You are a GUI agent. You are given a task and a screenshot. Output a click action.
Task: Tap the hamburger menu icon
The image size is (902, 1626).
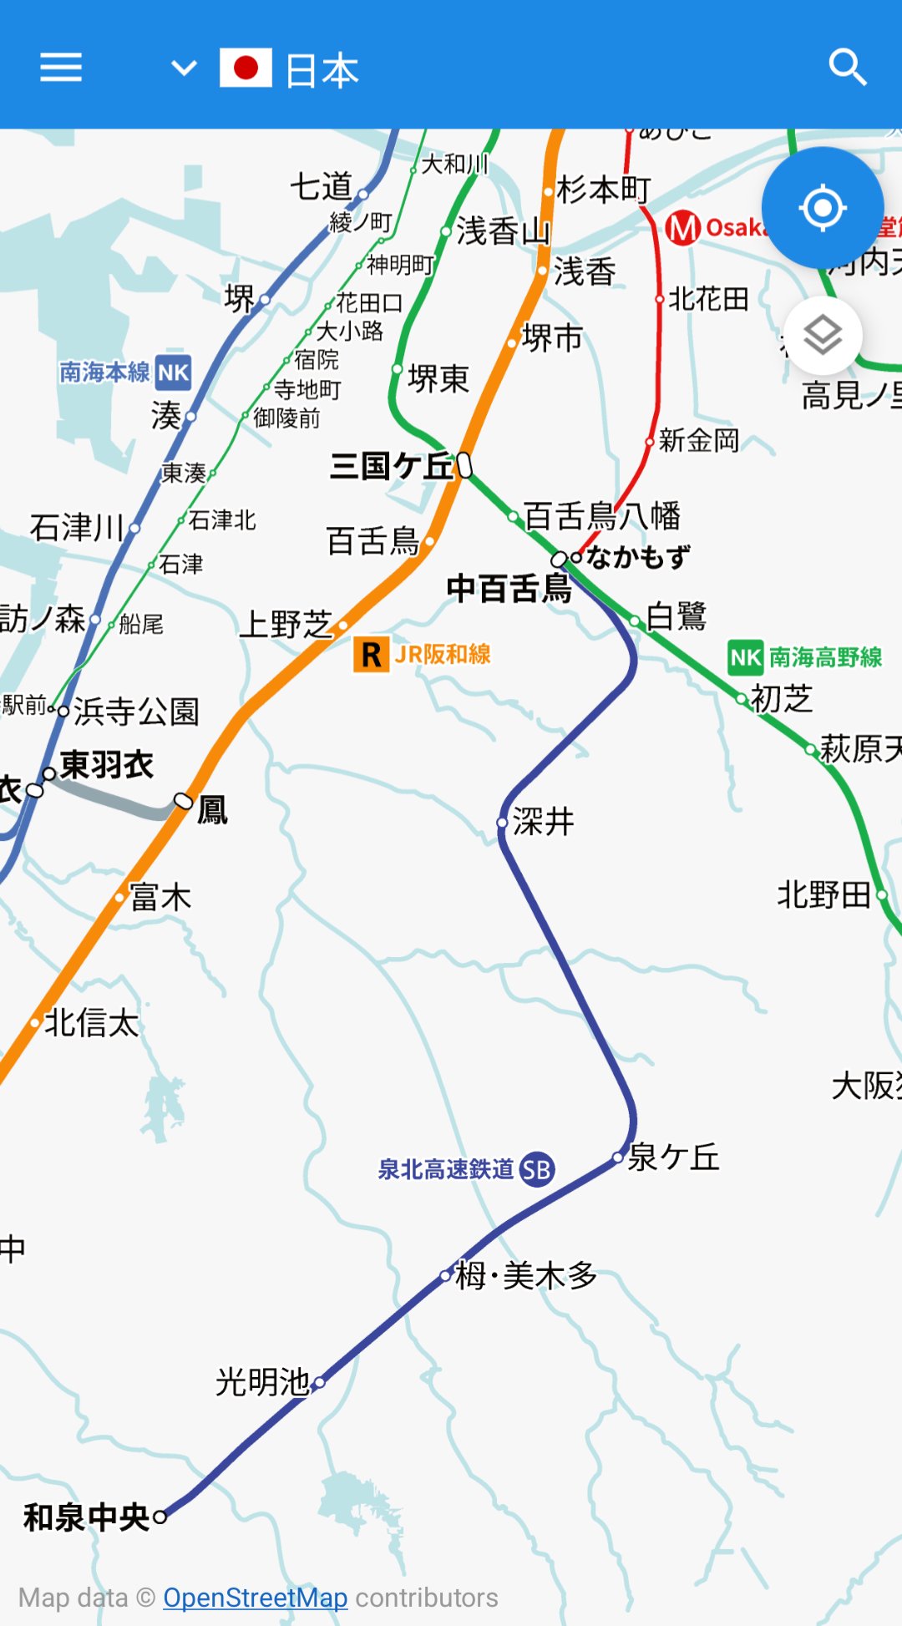pos(61,67)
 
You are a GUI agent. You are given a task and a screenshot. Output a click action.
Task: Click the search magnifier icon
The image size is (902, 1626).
pos(847,67)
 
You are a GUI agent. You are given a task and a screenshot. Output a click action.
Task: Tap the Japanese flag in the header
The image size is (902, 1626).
pos(246,68)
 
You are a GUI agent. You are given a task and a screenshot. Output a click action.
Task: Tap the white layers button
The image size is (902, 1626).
pos(823,336)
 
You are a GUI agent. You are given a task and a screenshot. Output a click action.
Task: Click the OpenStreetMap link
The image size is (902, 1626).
pos(255,1598)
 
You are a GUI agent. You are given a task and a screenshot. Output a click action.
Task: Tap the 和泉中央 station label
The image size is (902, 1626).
pos(86,1517)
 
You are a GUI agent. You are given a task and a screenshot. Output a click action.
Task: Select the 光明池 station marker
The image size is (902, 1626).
pos(319,1382)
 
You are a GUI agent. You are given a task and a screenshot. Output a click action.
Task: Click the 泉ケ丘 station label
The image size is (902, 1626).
pos(673,1157)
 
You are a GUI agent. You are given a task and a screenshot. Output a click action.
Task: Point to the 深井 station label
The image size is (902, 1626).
pos(544,822)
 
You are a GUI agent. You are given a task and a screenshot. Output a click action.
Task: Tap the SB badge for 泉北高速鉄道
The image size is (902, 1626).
pos(536,1170)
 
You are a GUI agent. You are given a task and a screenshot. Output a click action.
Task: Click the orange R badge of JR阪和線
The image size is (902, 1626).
pos(371,655)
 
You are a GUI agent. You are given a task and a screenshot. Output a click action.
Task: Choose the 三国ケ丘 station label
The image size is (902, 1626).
pos(391,466)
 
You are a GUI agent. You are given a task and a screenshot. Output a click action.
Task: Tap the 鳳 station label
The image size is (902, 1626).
pos(212,809)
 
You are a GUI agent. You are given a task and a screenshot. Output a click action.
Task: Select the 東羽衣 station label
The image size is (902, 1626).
pos(107,765)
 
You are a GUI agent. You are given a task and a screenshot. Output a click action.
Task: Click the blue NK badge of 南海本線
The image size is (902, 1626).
pos(173,372)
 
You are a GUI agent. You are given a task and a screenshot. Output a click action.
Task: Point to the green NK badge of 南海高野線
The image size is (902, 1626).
pos(746,658)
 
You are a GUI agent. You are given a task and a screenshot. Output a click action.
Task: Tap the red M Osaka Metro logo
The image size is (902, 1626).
pos(683,227)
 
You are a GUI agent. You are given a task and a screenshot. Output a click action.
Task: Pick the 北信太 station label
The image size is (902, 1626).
pos(91,1023)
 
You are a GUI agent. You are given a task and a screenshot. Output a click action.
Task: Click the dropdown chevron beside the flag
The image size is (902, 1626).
pos(184,67)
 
